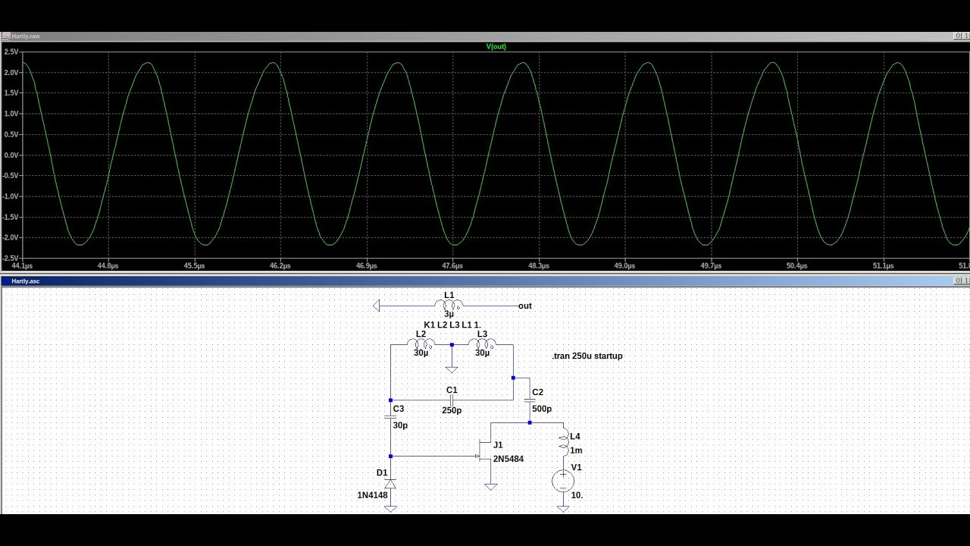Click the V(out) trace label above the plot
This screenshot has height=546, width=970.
(496, 46)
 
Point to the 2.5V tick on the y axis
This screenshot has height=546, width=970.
(11, 52)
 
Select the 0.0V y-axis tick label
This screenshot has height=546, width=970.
(11, 155)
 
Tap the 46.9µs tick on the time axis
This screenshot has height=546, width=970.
(366, 265)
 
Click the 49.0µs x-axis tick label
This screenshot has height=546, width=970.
(624, 265)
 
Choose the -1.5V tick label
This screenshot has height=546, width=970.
(11, 217)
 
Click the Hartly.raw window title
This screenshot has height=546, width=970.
(26, 36)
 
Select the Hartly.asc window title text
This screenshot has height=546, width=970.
(26, 281)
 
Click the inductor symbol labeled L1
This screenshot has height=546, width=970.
(449, 305)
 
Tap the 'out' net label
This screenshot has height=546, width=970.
(525, 306)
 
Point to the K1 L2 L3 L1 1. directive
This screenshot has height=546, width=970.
(452, 325)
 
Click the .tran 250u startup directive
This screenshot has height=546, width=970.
(587, 356)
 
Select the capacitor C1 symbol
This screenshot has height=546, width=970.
(452, 400)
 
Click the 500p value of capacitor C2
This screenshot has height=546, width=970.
(542, 409)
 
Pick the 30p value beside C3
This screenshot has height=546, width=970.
(400, 425)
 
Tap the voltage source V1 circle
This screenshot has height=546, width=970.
(563, 481)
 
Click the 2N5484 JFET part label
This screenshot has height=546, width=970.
(508, 459)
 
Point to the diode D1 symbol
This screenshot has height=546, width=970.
(390, 484)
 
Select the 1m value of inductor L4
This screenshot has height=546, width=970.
(576, 450)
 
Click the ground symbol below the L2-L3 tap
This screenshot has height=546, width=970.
(452, 369)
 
